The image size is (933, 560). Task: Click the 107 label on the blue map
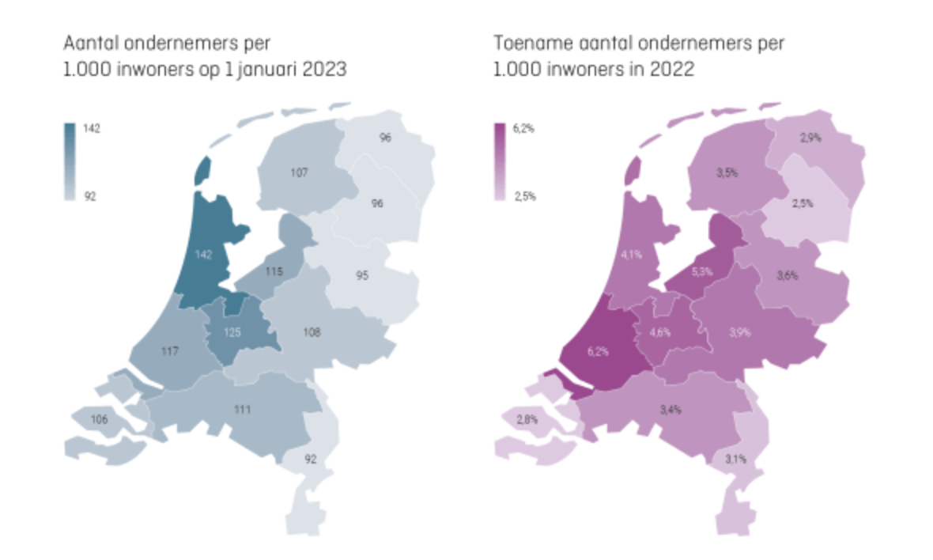299,172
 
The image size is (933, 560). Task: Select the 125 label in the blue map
231,332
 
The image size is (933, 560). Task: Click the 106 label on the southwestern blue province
99,419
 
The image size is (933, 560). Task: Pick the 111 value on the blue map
243,408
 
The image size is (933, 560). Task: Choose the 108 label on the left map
311,333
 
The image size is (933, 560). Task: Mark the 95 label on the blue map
362,276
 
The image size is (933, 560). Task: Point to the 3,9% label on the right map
739,333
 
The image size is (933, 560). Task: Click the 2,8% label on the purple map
527,419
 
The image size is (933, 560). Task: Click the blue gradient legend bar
70,161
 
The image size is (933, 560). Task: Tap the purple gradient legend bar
500,161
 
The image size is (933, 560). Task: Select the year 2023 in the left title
323,70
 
